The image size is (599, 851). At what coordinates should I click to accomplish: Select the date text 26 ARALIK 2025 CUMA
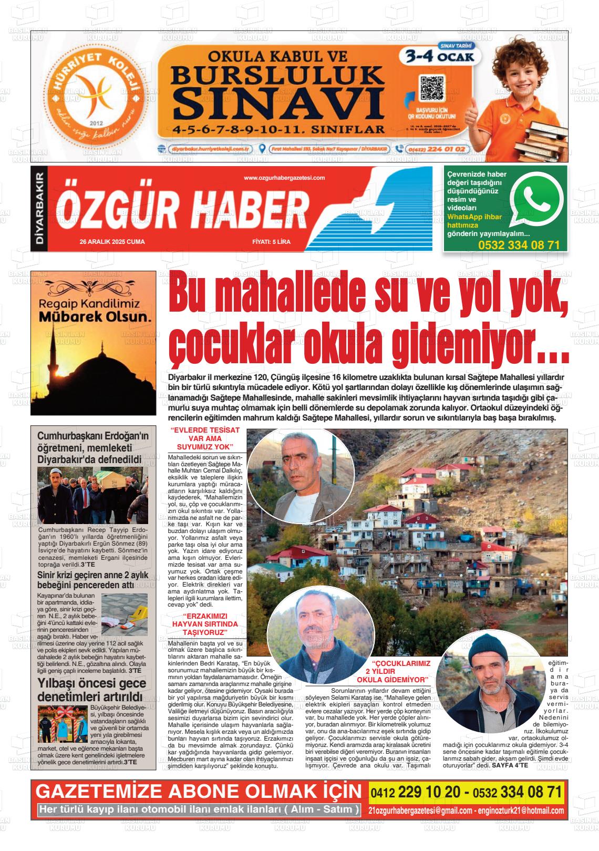112,242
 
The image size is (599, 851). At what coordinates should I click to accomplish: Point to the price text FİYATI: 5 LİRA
271,242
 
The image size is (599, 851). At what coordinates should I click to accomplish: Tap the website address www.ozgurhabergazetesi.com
284,178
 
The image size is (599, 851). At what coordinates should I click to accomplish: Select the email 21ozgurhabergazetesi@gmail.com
420,810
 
